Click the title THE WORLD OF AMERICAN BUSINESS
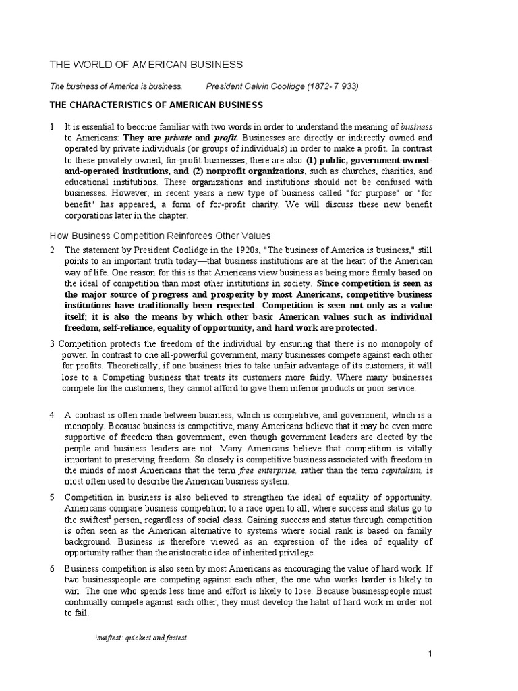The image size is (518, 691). click(x=146, y=64)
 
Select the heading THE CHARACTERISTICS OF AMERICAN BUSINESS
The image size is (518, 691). click(x=157, y=105)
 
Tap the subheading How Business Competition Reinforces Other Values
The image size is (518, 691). click(x=161, y=236)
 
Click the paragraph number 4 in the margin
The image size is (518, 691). click(x=52, y=415)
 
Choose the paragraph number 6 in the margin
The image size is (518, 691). click(x=52, y=569)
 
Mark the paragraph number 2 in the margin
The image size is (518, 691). click(x=52, y=250)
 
